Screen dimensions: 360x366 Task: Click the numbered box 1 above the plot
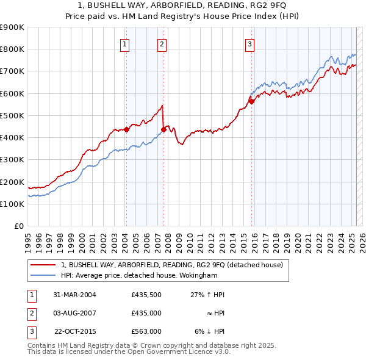coord(124,43)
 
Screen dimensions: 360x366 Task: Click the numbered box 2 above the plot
coord(162,43)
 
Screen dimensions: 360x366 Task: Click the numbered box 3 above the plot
coord(250,43)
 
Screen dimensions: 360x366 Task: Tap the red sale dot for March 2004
coord(126,129)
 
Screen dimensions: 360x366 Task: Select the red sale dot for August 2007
coord(163,129)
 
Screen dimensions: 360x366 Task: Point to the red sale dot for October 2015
coord(251,101)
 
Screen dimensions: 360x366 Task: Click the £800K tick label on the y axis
coord(12,49)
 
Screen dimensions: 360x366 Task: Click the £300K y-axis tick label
coord(12,160)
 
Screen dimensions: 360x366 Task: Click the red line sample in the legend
coord(43,265)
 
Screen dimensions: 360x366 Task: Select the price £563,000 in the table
coord(146,331)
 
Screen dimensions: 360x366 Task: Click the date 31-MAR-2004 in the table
coord(75,295)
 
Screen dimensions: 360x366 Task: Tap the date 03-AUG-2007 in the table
coord(75,313)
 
